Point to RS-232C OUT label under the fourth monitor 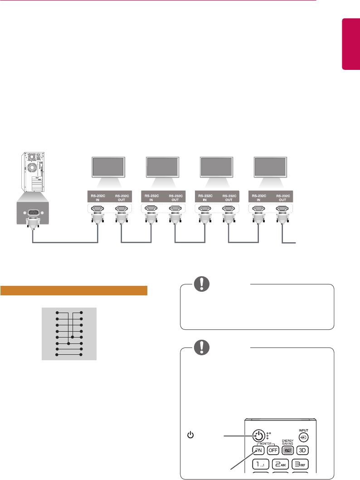pos(283,198)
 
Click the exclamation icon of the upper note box pos(200,284)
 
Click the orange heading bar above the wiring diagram pos(74,290)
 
